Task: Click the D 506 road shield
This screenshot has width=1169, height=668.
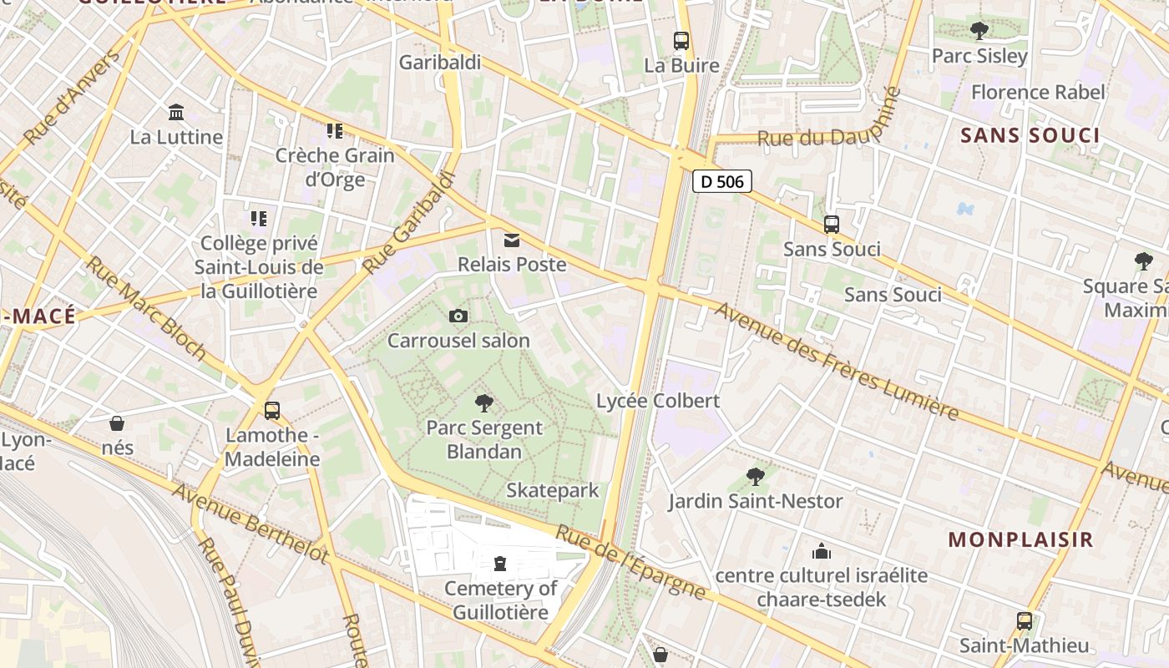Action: (x=722, y=181)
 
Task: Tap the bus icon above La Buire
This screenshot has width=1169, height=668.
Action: (x=681, y=40)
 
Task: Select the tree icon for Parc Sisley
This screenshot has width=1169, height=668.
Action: (x=979, y=31)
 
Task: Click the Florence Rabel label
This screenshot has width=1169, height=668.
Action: (x=1038, y=92)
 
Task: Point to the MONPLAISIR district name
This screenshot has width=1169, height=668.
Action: (x=1020, y=539)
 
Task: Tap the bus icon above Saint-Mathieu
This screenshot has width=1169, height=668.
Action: (x=1025, y=621)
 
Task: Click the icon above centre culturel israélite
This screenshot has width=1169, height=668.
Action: (x=822, y=551)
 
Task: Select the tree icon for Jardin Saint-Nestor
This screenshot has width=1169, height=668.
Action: (x=756, y=477)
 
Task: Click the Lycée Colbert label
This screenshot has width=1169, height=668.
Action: (x=658, y=401)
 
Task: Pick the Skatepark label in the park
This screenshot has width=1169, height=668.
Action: (x=553, y=490)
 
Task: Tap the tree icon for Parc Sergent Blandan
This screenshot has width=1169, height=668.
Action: (x=483, y=404)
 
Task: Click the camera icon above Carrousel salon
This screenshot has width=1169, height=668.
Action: (x=458, y=316)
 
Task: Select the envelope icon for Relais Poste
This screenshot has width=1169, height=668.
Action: (x=512, y=240)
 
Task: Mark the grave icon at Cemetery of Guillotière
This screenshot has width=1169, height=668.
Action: (x=500, y=564)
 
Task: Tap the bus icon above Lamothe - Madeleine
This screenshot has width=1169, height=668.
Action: (x=272, y=411)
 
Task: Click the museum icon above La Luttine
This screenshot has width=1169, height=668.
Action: (x=176, y=112)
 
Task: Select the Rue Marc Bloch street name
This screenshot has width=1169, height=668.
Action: (x=145, y=307)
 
